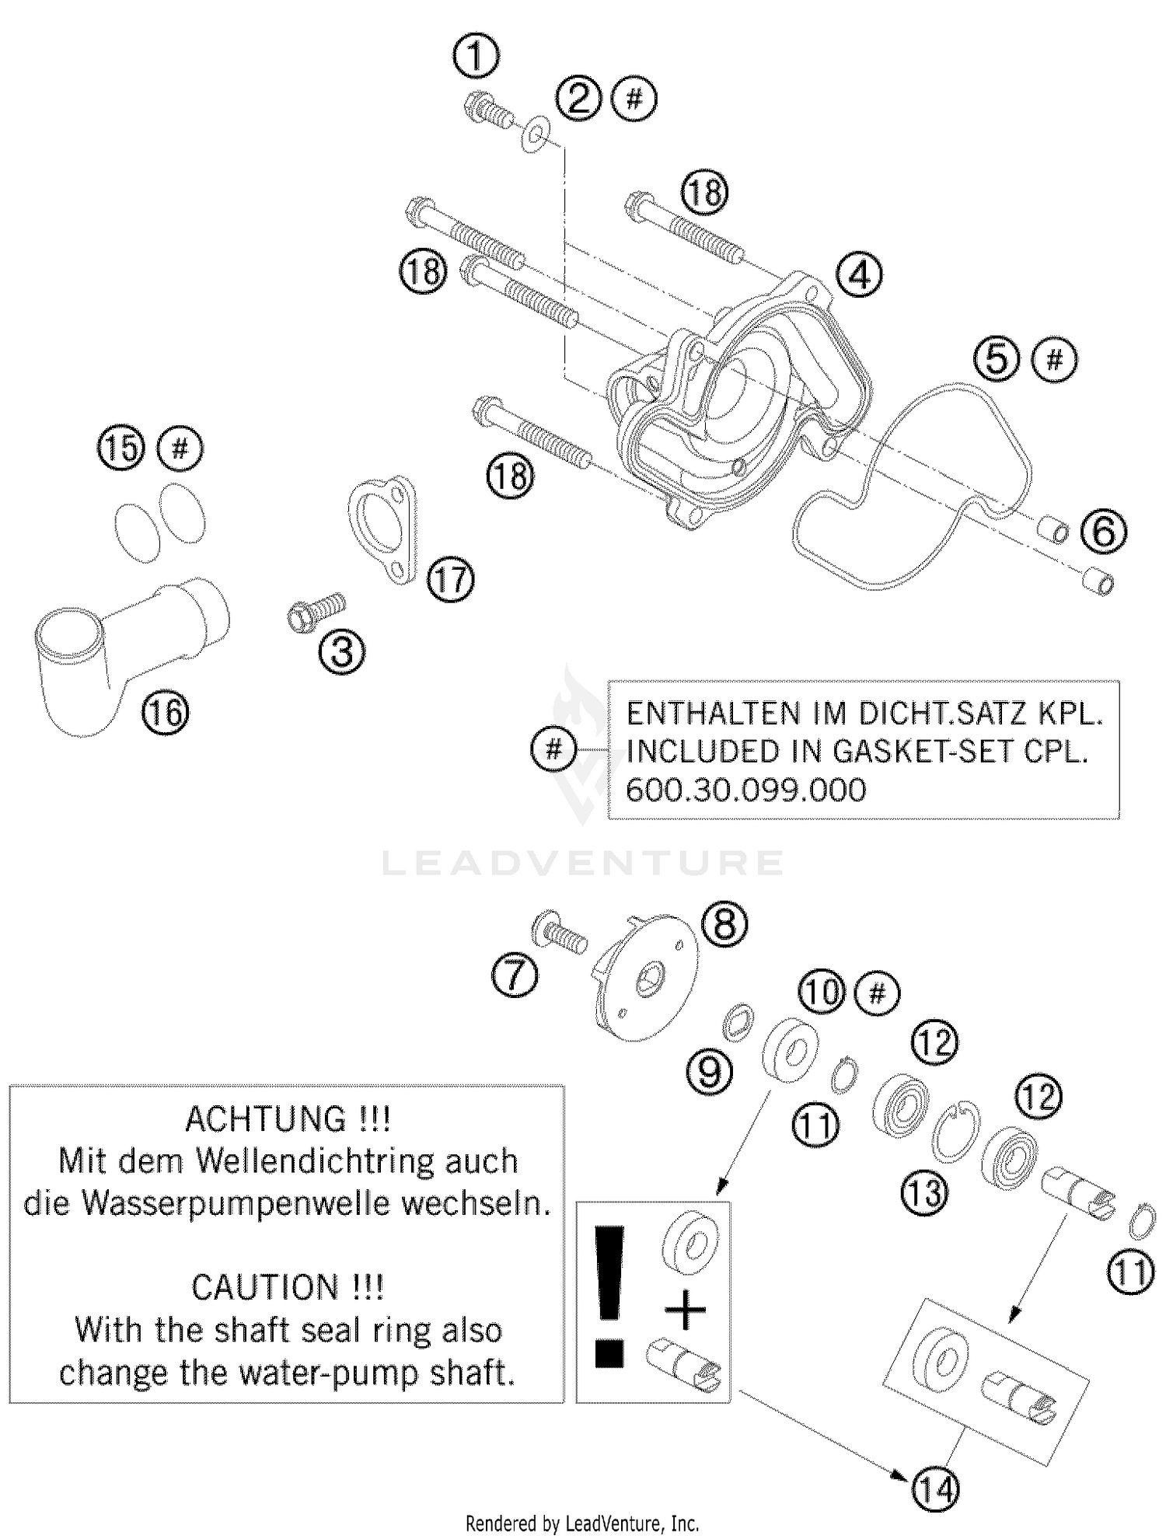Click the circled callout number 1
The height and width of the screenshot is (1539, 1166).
(476, 57)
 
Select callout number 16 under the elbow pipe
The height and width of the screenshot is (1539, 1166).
(166, 712)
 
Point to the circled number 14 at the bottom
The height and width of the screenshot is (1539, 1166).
(936, 1489)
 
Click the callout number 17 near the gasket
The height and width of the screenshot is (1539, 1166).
(451, 580)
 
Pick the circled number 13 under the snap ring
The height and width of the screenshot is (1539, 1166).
(924, 1192)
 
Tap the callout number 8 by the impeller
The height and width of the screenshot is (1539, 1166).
(724, 925)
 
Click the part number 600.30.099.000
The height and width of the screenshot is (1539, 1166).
(745, 790)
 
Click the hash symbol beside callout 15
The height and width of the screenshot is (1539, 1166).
(180, 448)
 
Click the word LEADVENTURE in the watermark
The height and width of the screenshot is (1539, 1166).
(583, 863)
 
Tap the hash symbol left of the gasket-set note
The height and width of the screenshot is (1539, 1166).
(553, 749)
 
